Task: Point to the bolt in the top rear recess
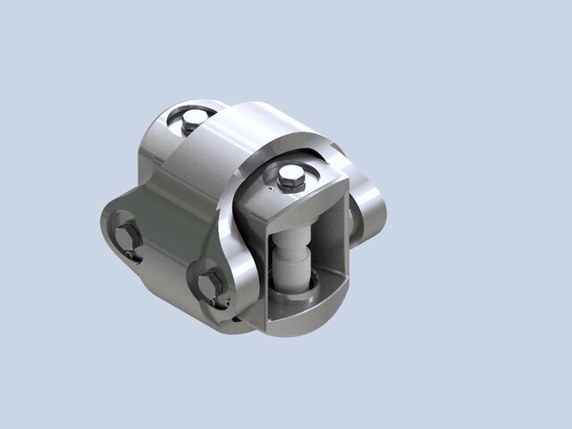[x=190, y=121]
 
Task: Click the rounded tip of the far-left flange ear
[x=105, y=223]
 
